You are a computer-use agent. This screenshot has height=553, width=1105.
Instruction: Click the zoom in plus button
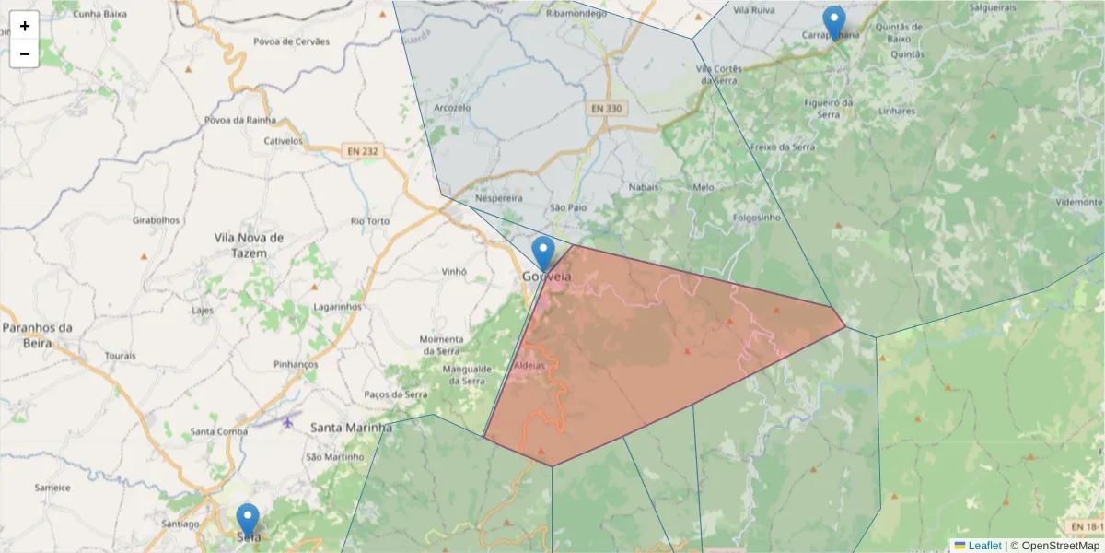point(25,26)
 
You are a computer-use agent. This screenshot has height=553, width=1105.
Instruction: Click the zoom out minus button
point(25,53)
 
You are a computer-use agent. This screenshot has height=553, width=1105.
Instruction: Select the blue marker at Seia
point(248,521)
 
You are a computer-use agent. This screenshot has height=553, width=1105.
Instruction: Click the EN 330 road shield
point(607,109)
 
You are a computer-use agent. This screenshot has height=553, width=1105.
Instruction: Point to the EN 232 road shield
point(362,150)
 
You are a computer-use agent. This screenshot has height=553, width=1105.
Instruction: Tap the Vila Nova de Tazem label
point(248,245)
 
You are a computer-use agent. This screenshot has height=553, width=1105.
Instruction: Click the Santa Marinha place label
point(351,428)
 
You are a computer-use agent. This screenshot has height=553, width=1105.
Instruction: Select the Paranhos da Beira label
point(37,335)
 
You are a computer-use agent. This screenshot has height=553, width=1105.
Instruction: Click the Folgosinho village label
point(757,218)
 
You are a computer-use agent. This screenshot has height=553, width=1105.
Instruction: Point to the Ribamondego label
point(576,14)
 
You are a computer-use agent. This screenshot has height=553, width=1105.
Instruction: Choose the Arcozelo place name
point(452,108)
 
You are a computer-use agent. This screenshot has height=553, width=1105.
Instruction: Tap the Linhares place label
point(898,111)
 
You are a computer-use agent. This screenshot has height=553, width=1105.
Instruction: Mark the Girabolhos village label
point(157,221)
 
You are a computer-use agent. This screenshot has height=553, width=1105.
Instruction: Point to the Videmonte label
point(1079,202)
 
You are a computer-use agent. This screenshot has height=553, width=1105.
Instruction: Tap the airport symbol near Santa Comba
point(288,422)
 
